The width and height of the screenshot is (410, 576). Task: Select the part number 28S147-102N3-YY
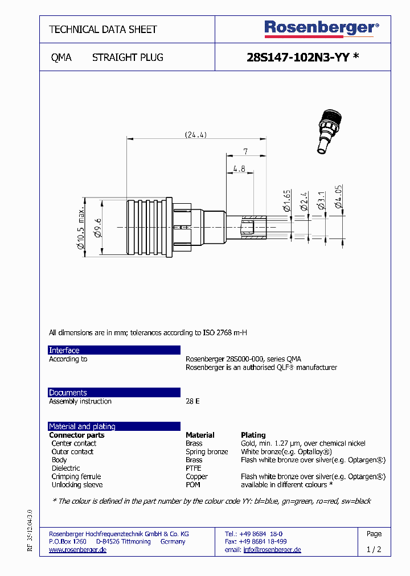[x=298, y=57]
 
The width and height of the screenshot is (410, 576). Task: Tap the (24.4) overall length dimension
[x=195, y=135]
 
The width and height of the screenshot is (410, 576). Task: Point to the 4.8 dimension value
[x=239, y=168]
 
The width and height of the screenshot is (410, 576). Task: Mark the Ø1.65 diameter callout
[x=287, y=201]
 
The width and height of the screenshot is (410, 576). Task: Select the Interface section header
[x=64, y=350]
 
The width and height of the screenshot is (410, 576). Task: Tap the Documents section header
[x=68, y=393]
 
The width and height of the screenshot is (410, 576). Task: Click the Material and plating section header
[x=82, y=426]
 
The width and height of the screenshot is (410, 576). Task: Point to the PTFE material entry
[x=194, y=468]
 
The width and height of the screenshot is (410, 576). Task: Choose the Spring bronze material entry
[x=207, y=452]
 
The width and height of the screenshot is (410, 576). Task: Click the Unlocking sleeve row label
[x=77, y=485]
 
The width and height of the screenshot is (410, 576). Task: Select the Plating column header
[x=253, y=435]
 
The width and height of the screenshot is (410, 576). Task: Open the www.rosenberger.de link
[x=77, y=550]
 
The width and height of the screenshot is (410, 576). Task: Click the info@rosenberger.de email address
[x=272, y=550]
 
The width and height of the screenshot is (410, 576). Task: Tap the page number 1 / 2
[x=374, y=550]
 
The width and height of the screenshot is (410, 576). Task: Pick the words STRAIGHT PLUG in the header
[x=128, y=57]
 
